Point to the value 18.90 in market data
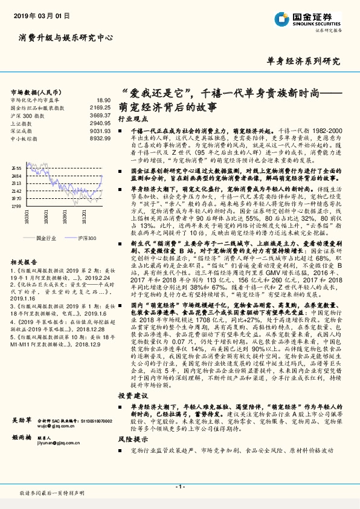point(103,99)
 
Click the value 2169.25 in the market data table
point(100,107)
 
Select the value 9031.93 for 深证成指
point(100,131)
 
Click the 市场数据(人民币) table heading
point(34,91)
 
